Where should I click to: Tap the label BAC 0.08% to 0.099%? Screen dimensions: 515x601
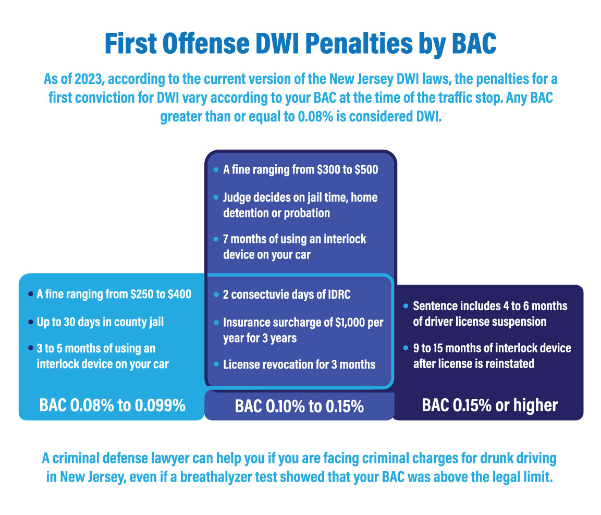pos(112,405)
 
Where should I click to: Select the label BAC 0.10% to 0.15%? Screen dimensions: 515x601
pos(299,406)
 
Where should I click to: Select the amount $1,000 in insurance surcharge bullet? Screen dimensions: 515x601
pos(342,323)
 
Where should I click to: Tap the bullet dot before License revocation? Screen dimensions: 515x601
pos(216,364)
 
